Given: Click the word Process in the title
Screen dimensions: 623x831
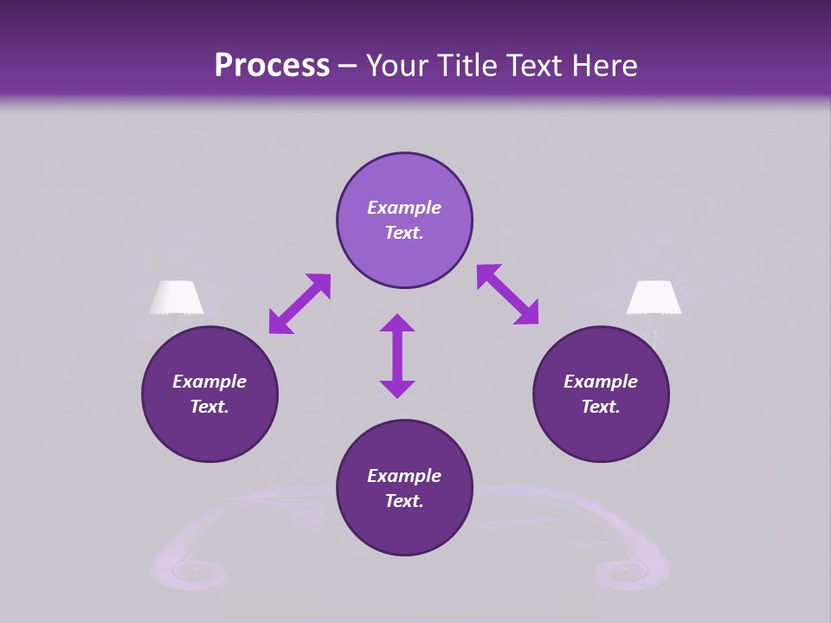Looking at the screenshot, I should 272,65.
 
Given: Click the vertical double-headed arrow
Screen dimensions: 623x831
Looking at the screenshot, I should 397,356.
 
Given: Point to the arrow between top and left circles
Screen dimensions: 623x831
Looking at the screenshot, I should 300,304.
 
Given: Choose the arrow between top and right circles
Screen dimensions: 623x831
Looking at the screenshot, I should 507,294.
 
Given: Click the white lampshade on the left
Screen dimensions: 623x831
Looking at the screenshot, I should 177,298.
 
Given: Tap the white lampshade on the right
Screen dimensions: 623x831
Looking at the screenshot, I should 654,298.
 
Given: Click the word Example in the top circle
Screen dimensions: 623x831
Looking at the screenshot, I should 404,208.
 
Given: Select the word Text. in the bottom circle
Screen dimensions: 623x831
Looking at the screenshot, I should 404,501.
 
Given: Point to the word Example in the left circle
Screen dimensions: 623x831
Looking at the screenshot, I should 209,382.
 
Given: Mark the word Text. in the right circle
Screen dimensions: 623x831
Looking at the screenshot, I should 601,407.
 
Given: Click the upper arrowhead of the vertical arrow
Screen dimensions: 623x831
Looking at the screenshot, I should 397,324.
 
